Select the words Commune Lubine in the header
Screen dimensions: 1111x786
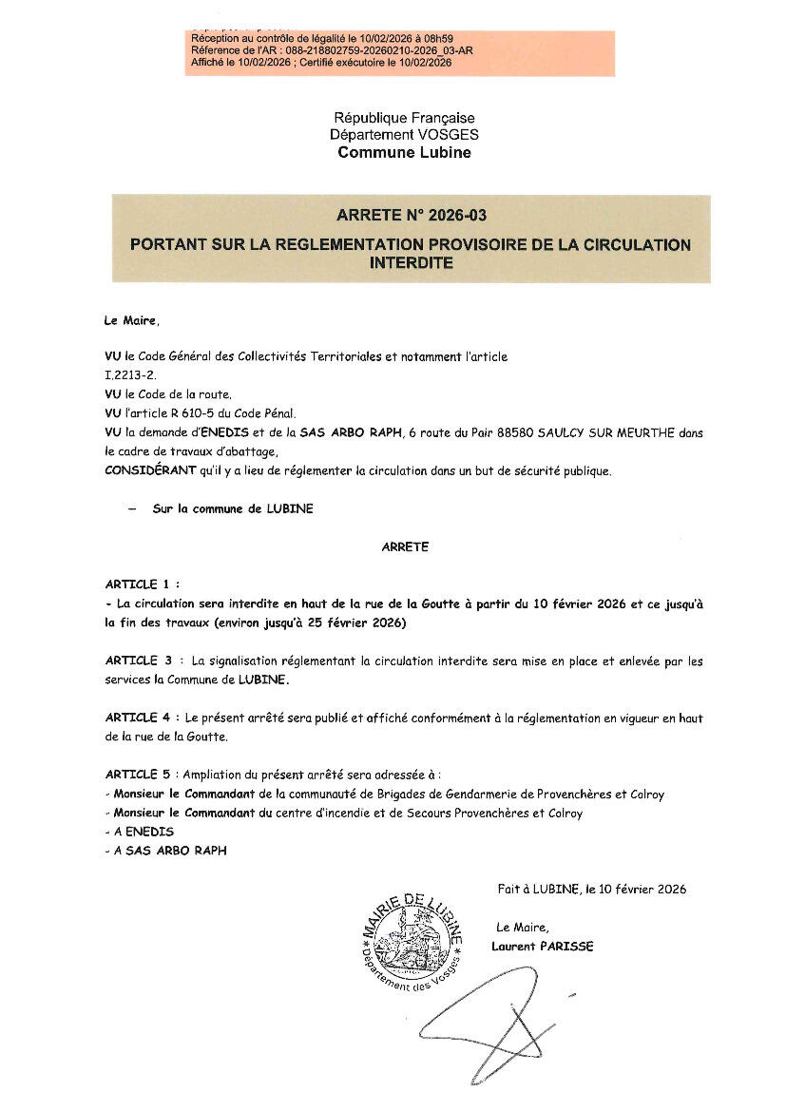[404, 152]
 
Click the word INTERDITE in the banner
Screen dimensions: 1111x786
[411, 262]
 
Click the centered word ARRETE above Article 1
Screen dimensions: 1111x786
[405, 546]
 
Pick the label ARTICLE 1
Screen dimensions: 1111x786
[138, 584]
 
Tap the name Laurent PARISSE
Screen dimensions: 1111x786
[543, 946]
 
